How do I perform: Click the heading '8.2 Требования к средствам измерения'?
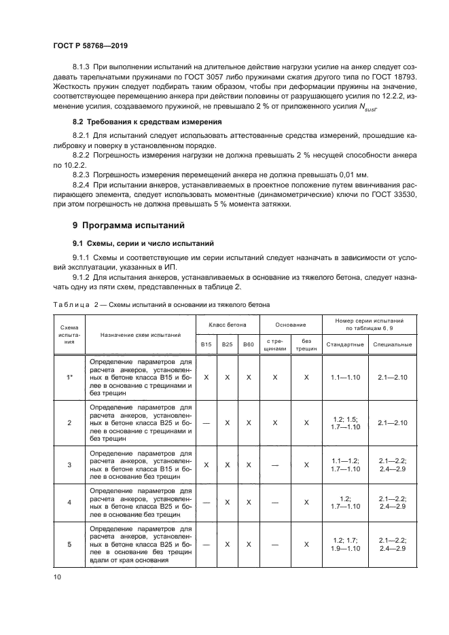click(x=147, y=122)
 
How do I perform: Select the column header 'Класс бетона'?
click(x=228, y=325)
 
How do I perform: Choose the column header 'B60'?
click(x=249, y=344)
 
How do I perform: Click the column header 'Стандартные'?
click(x=342, y=344)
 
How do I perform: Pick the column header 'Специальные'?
click(x=392, y=344)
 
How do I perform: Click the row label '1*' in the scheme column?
click(x=69, y=376)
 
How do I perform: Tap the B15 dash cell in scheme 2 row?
click(x=206, y=422)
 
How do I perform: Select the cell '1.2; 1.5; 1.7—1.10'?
click(x=342, y=422)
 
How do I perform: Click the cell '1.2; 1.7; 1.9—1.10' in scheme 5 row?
click(x=342, y=544)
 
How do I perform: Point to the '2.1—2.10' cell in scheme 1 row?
click(x=392, y=376)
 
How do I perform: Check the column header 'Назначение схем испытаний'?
click(x=141, y=335)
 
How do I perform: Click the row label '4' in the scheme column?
click(x=69, y=502)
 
